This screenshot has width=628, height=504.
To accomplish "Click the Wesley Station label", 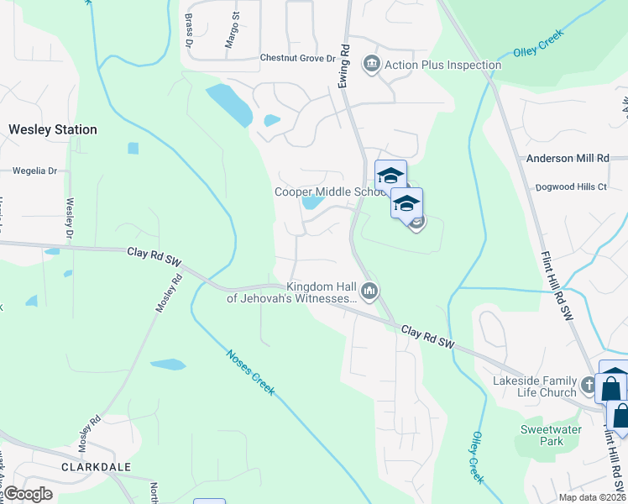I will (53, 130).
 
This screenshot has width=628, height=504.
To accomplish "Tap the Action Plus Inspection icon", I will (371, 64).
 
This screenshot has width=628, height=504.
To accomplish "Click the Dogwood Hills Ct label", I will (572, 186).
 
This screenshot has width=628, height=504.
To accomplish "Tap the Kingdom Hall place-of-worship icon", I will (369, 291).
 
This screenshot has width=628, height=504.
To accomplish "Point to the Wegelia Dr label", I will (34, 171).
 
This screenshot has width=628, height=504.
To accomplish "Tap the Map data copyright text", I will (592, 497).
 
